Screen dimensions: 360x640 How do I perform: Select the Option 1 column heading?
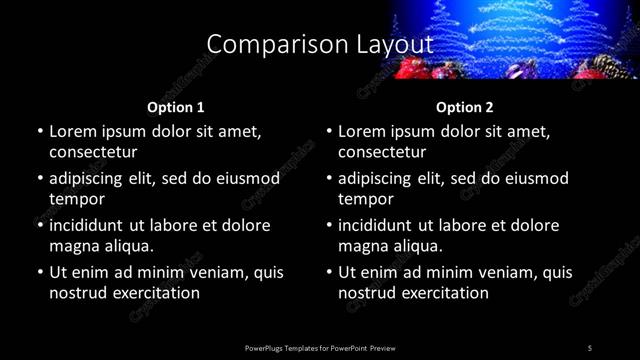coord(176,107)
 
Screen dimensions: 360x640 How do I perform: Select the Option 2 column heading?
coord(465,107)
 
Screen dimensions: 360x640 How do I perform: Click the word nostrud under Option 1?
coord(78,293)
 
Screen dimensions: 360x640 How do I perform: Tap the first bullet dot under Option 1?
coord(39,131)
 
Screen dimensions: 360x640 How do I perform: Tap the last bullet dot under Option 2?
coord(328,272)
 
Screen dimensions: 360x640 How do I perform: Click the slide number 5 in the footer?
coord(590,348)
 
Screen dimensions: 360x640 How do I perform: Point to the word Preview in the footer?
coord(382,348)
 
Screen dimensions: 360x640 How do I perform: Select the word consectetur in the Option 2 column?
coord(382,152)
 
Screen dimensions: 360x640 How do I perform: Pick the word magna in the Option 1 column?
coord(72,246)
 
